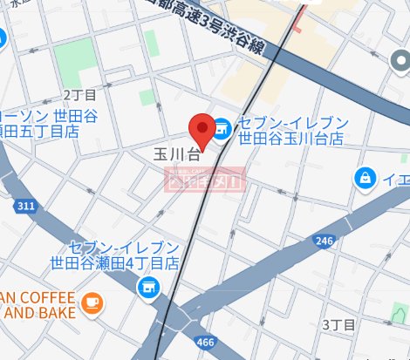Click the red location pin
pos(202,130)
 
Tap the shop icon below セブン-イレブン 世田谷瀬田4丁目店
pos(148,285)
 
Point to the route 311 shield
pos(25,206)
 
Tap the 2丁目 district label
pos(80,94)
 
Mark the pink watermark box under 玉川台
pos(207,180)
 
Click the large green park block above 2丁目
pos(75,57)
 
